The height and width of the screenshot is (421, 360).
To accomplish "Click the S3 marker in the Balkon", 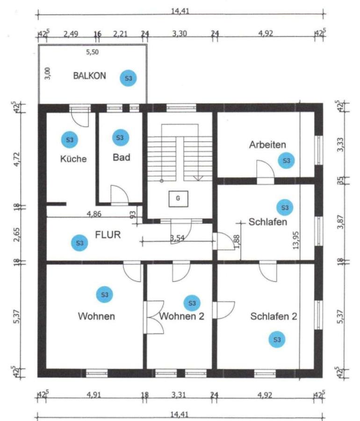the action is click(x=128, y=78).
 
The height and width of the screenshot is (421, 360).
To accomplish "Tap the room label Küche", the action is click(x=73, y=159).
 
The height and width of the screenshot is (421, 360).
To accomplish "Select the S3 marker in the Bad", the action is click(x=121, y=138).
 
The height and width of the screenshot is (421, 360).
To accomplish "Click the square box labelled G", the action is click(x=178, y=199).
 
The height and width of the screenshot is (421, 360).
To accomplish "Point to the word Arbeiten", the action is click(x=267, y=145).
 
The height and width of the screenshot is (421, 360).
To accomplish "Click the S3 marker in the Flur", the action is click(x=79, y=243).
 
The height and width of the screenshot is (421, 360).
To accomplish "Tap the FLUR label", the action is click(x=108, y=235).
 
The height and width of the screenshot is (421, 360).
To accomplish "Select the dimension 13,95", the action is click(x=295, y=240).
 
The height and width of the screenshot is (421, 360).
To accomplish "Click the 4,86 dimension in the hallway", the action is click(x=94, y=214).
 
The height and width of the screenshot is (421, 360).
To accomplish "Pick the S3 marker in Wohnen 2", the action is click(x=192, y=303).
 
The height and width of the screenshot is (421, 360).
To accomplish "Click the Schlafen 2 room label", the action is click(x=274, y=316).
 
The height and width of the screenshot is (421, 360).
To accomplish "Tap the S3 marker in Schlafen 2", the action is click(x=277, y=340).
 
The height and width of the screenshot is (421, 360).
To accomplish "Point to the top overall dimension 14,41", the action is click(x=180, y=11).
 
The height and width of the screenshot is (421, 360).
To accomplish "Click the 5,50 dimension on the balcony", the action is click(x=92, y=52).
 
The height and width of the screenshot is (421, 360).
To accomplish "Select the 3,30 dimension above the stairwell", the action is click(x=180, y=34).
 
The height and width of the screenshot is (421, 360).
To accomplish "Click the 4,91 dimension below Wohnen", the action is click(x=94, y=395).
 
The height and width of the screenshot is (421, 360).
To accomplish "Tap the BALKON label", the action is click(x=90, y=76).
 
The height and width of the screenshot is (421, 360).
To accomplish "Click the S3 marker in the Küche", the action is click(x=70, y=140).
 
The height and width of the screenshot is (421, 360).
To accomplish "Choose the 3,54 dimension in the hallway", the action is click(x=177, y=238).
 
